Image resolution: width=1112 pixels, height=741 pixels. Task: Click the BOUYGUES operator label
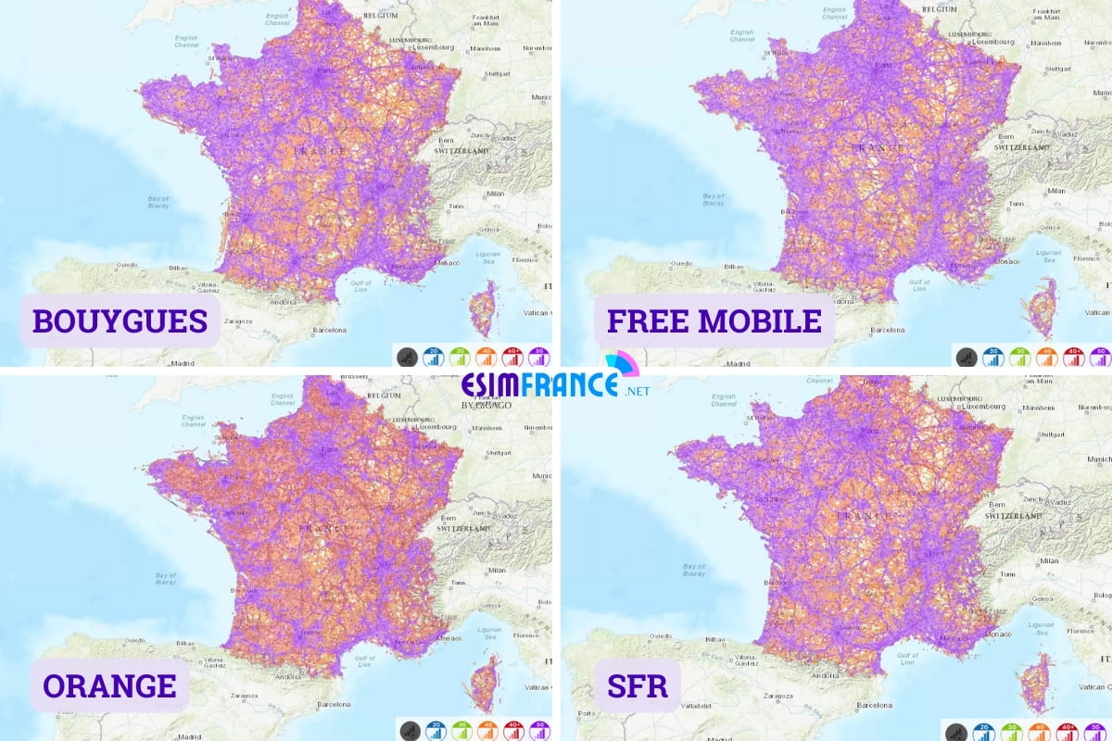[120, 320]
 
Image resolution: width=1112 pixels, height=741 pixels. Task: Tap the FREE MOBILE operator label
[714, 320]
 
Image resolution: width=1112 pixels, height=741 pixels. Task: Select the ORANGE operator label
[109, 685]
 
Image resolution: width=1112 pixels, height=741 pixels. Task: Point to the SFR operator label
[630, 686]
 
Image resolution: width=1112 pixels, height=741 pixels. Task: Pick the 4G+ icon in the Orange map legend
[512, 730]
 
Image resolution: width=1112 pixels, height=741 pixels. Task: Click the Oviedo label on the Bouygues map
[127, 264]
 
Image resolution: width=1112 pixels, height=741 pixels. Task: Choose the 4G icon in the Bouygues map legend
[485, 356]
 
